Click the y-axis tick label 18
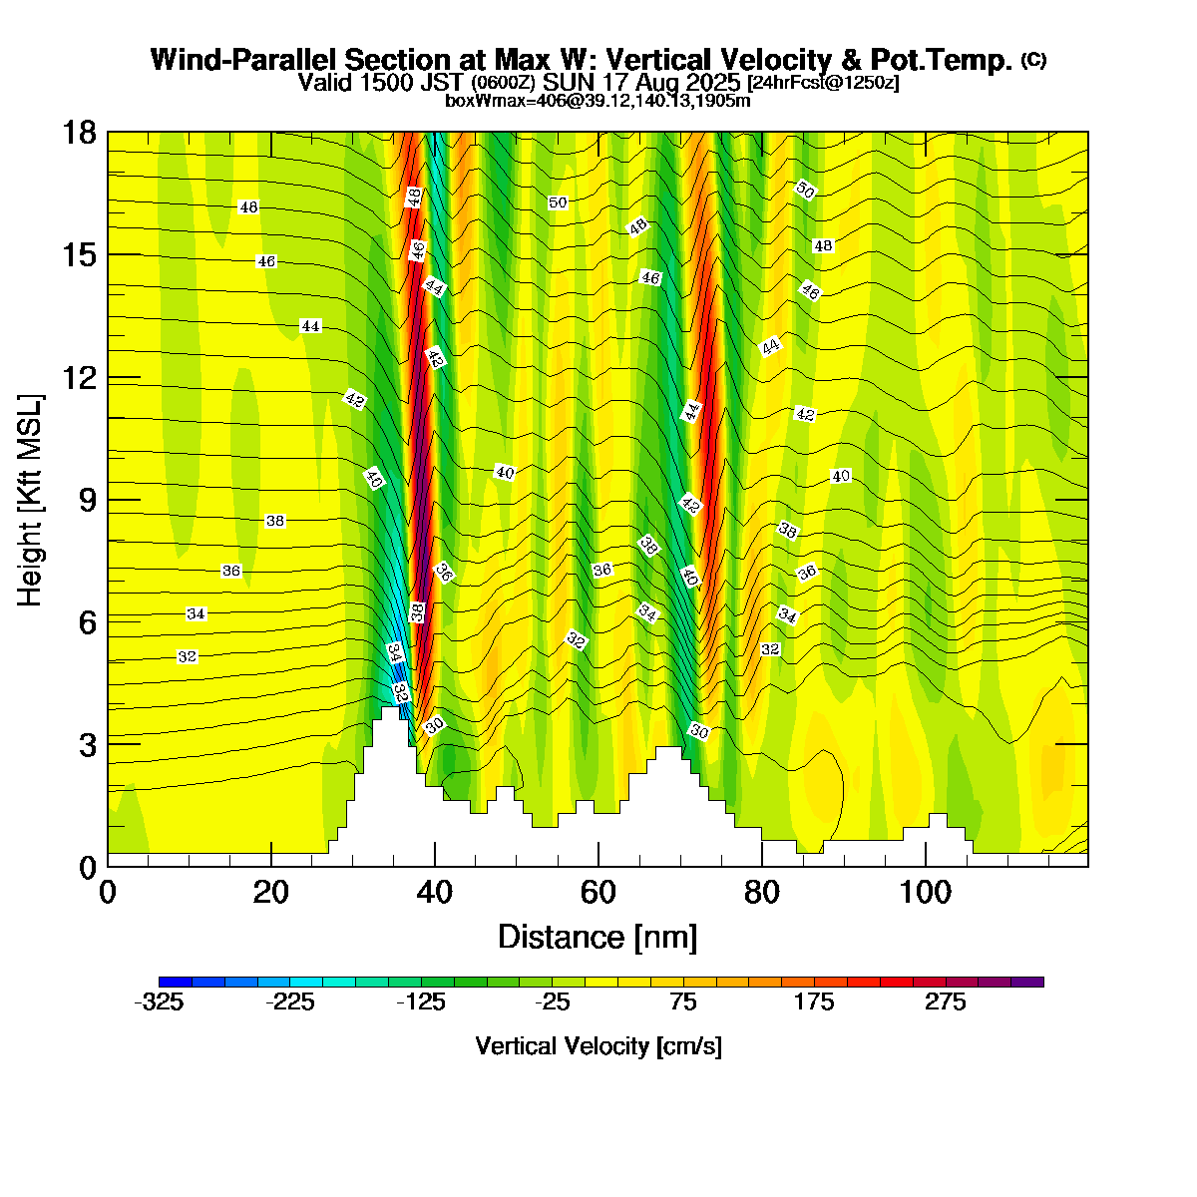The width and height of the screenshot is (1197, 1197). pos(79,133)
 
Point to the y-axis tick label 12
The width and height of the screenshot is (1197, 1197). pos(79,378)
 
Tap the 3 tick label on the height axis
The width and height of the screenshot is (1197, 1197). pos(87,744)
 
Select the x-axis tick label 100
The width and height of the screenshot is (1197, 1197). pos(926,892)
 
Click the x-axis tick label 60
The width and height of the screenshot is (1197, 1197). pos(598,892)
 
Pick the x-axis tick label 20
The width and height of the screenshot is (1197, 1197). pos(271,892)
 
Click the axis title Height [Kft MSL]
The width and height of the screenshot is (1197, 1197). pos(31,499)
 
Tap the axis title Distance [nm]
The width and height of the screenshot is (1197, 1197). pos(598,938)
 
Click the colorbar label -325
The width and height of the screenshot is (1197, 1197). pos(159,1003)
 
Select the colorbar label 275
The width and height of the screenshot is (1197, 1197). pos(946,1003)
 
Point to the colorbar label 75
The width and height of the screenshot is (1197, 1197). pos(683,1003)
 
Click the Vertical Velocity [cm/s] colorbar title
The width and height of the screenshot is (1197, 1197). pos(598,1046)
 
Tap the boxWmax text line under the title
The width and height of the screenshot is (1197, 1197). pos(598,100)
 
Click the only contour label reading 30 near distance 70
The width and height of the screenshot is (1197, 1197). pos(699,732)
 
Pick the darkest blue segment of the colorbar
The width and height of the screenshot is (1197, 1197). pos(176,982)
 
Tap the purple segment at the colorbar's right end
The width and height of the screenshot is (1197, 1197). pos(1027,982)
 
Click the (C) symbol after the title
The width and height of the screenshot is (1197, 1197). pos(1034,60)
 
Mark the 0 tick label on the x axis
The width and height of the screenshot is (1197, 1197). pos(108,892)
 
